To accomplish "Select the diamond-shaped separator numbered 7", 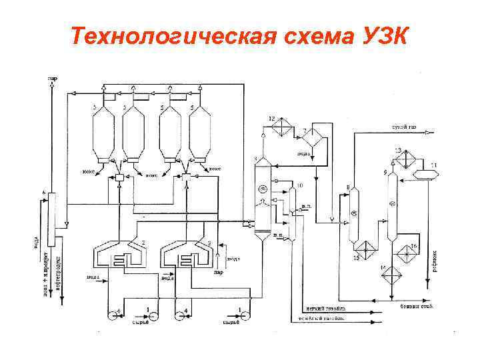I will click(x=311, y=138).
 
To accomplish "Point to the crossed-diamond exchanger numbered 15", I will click(x=364, y=250).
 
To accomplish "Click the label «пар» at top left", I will click(x=52, y=78).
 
